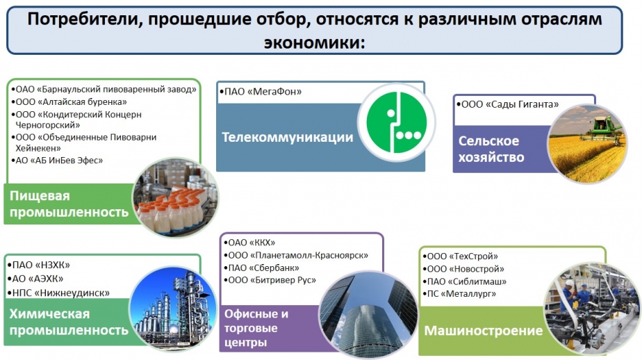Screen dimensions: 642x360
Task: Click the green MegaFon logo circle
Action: click(396, 122)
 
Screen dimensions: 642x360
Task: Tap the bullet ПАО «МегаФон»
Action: click(261, 92)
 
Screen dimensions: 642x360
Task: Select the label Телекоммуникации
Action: click(288, 137)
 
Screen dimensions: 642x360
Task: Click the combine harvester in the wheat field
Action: click(602, 127)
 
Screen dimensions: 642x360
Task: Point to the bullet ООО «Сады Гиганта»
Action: click(507, 104)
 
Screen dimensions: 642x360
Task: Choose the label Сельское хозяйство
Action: click(491, 149)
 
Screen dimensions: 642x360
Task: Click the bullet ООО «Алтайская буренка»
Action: click(69, 101)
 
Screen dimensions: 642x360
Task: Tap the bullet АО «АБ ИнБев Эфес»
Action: click(57, 161)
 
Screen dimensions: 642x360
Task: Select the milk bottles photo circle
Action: click(175, 198)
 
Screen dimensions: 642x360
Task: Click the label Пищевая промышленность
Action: click(69, 204)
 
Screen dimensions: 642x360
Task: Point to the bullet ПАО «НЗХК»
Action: click(38, 265)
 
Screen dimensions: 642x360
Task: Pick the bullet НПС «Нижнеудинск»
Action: click(58, 293)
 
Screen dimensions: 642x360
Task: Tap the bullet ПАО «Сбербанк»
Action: click(261, 268)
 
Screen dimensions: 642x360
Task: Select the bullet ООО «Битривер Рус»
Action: click(270, 280)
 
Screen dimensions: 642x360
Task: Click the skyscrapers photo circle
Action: click(368, 314)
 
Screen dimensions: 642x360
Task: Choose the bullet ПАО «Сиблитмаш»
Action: click(464, 281)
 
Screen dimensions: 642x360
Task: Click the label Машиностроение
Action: click(483, 331)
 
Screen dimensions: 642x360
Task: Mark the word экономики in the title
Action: click(314, 42)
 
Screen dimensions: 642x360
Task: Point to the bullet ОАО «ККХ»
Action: click(249, 243)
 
